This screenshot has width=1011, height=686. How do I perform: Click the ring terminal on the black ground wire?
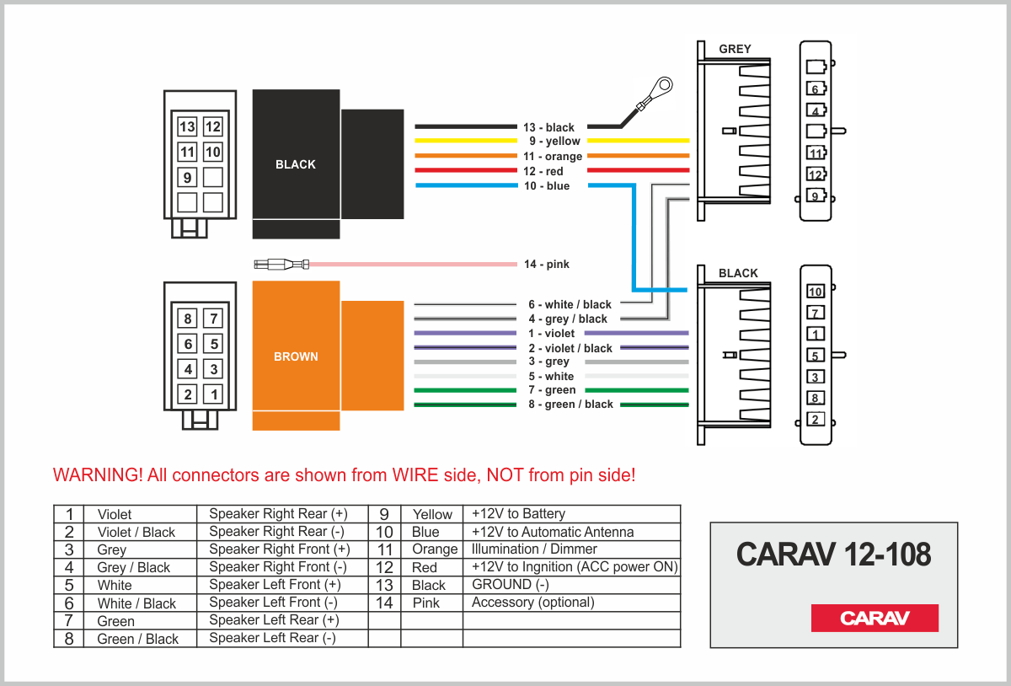(x=663, y=86)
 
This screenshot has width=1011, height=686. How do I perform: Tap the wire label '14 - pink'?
(x=546, y=265)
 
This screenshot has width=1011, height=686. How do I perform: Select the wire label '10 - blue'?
(x=546, y=186)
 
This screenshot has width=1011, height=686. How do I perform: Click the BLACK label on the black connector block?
(x=296, y=164)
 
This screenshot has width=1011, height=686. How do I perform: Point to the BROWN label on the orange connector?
(x=296, y=356)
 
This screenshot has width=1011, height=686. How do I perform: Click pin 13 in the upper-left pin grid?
(x=187, y=127)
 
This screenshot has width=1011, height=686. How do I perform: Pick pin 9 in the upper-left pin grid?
(x=187, y=178)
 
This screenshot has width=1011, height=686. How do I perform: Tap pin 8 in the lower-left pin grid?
(x=189, y=319)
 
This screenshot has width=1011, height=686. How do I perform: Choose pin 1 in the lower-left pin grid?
(x=215, y=394)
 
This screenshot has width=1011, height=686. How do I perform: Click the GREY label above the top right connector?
(x=735, y=49)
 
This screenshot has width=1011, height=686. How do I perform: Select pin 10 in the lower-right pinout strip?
(x=815, y=292)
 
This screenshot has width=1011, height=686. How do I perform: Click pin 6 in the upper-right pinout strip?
(x=815, y=88)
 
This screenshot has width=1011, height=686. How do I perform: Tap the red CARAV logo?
(x=875, y=618)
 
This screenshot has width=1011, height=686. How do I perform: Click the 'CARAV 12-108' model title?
(x=833, y=554)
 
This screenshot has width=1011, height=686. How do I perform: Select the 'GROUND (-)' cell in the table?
(x=511, y=584)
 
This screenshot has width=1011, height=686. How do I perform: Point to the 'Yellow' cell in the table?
(x=432, y=514)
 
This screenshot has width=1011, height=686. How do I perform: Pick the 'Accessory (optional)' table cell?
(x=532, y=602)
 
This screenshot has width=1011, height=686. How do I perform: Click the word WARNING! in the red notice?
(x=97, y=475)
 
